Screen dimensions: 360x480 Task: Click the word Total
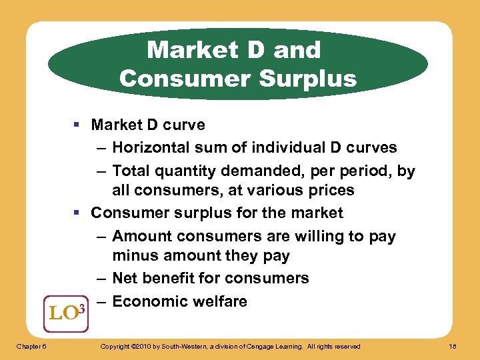click(133, 171)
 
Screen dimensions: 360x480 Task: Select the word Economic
click(148, 301)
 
